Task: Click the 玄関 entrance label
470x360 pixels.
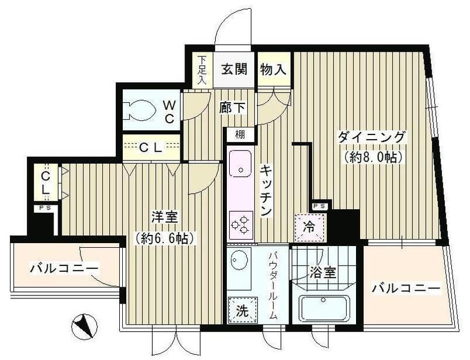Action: coord(234,68)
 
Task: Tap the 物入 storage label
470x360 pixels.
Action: coord(273,68)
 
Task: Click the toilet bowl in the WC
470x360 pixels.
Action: coord(140,110)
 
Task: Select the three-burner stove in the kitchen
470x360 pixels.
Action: coord(240,224)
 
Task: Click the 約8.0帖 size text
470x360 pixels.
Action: coord(371,157)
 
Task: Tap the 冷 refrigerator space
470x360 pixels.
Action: coord(308,227)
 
